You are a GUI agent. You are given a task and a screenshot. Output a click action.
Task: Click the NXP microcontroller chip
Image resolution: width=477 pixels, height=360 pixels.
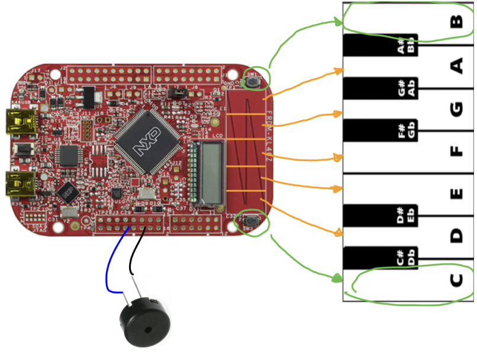click(146, 142)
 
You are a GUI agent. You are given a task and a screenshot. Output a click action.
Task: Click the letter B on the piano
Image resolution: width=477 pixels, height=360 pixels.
click(456, 22)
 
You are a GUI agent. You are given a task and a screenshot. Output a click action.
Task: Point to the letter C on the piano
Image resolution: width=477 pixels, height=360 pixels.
click(456, 279)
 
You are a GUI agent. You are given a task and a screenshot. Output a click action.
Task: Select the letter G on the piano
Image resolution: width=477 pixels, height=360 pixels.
click(456, 108)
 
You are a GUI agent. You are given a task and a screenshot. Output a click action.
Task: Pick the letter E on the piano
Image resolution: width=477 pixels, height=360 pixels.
click(456, 194)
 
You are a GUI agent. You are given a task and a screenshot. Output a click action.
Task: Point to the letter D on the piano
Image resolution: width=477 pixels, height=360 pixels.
click(456, 236)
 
